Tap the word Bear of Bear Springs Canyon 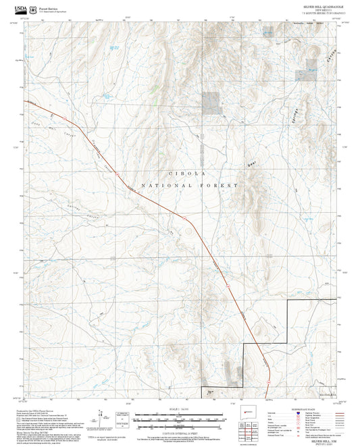pyautogui.click(x=254, y=163)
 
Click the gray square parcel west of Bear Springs pyautogui.click(x=211, y=101)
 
